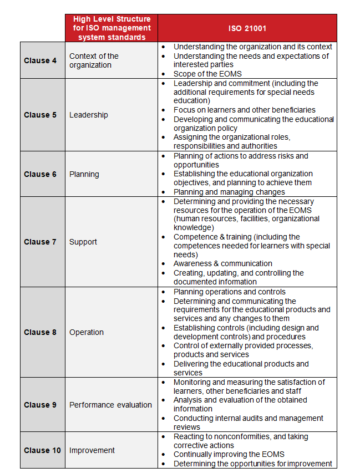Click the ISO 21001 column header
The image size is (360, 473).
click(x=247, y=28)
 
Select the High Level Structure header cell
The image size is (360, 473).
click(x=111, y=28)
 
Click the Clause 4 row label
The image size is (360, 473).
click(x=40, y=60)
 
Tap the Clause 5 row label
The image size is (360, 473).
click(x=40, y=115)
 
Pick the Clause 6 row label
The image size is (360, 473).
click(x=40, y=174)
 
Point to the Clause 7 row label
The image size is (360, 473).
click(x=40, y=242)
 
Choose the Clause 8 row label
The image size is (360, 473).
click(x=40, y=332)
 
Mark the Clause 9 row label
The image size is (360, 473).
click(x=40, y=405)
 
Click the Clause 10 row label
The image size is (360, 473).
click(x=42, y=450)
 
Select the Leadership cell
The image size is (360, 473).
click(x=89, y=115)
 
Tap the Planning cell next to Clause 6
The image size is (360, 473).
click(x=84, y=174)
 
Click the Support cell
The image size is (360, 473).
click(x=83, y=242)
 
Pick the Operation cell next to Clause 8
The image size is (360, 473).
click(x=87, y=332)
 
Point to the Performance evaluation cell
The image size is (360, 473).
click(x=110, y=405)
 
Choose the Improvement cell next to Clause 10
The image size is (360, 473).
click(x=92, y=450)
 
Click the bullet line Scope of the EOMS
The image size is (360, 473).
click(x=207, y=74)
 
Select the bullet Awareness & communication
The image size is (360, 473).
click(x=223, y=263)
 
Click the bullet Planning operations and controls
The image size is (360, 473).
click(x=230, y=292)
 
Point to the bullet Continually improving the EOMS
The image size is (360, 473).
click(x=230, y=455)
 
